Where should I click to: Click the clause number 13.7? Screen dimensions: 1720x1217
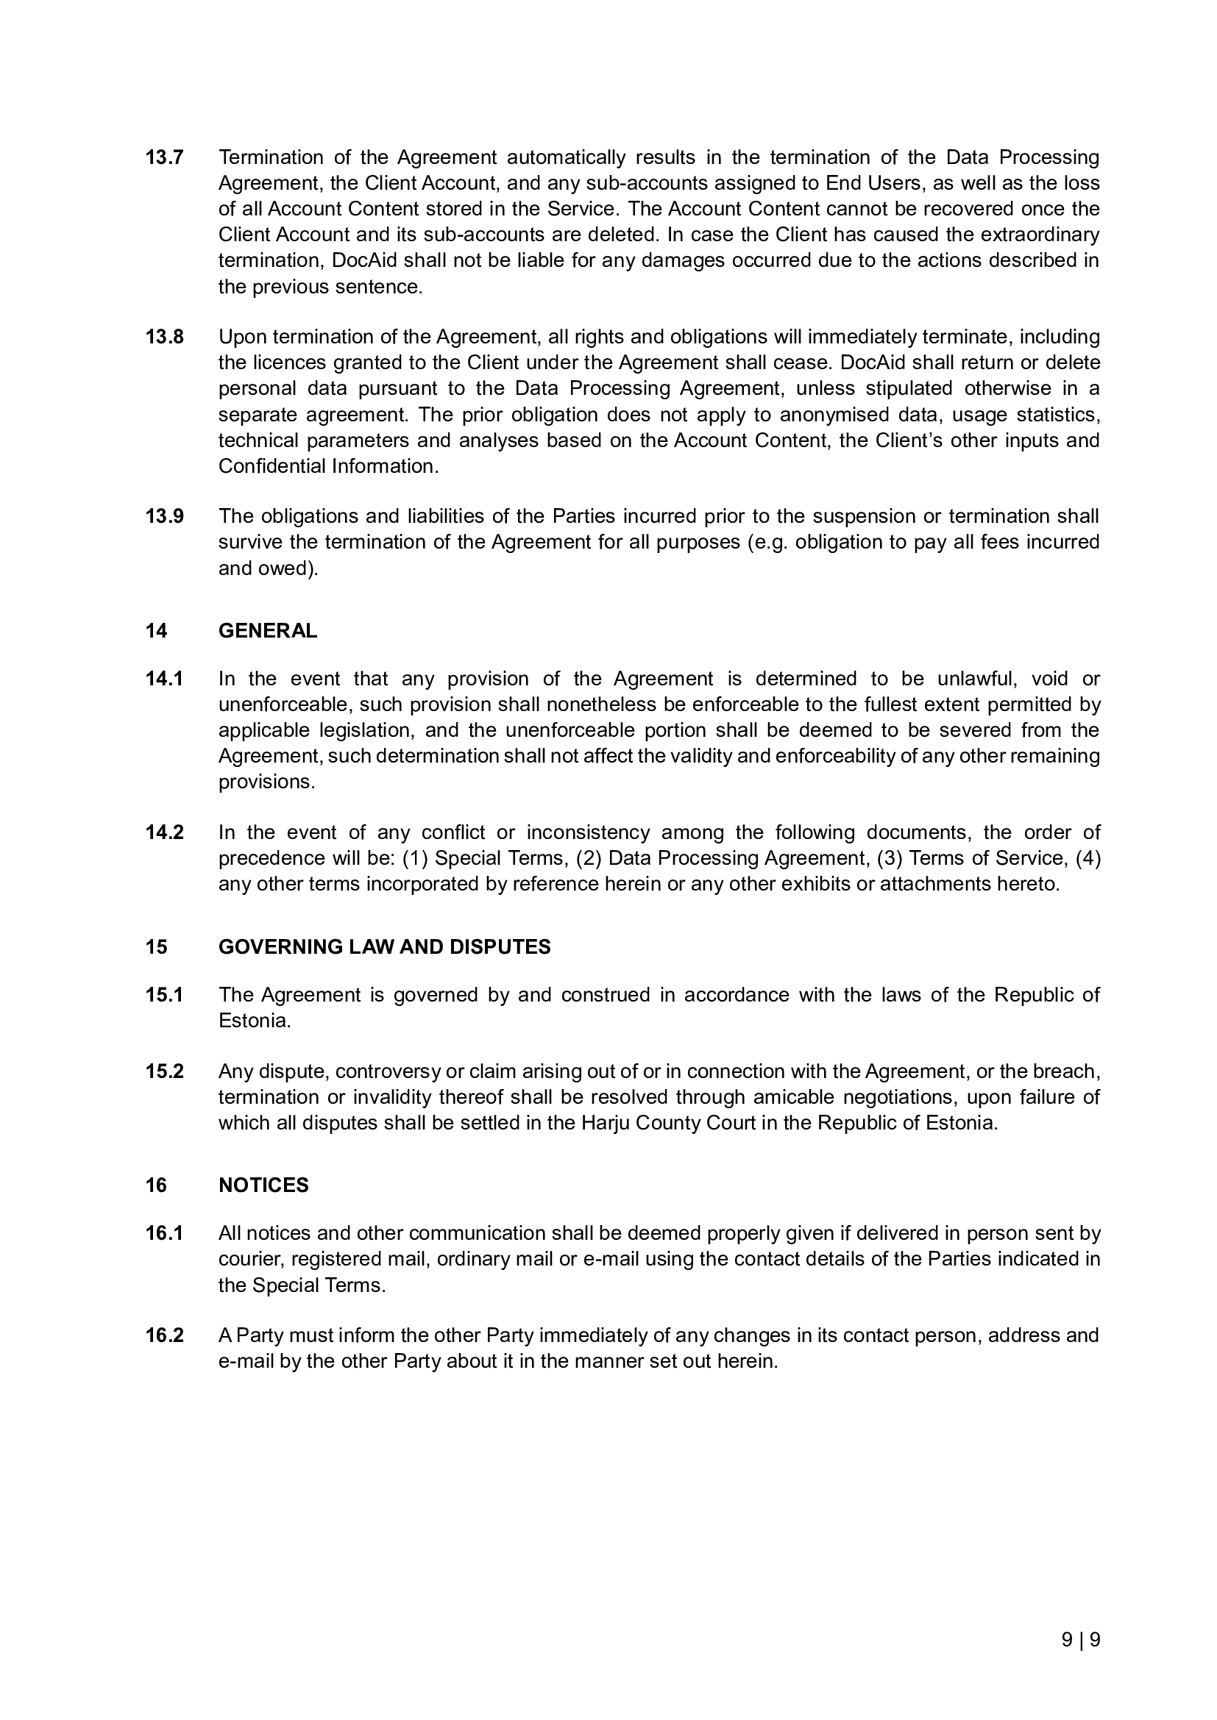[x=164, y=157]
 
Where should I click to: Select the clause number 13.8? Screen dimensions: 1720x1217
[x=164, y=337]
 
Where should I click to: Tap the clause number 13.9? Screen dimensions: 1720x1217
[x=164, y=516]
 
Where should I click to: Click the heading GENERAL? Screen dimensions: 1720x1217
[x=268, y=631]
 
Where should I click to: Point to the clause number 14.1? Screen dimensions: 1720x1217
[x=164, y=679]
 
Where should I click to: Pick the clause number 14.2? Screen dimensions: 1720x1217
[x=164, y=832]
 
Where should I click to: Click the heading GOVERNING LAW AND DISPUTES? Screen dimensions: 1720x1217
[x=384, y=947]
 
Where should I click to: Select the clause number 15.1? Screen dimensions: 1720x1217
[x=164, y=995]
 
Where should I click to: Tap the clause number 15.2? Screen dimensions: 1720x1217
[x=164, y=1071]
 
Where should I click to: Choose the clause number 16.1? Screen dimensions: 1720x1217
[x=164, y=1233]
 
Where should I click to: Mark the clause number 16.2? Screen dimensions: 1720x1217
[x=164, y=1335]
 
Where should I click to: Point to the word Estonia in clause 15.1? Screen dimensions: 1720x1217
[x=253, y=1021]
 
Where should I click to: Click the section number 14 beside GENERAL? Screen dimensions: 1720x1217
[x=156, y=631]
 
